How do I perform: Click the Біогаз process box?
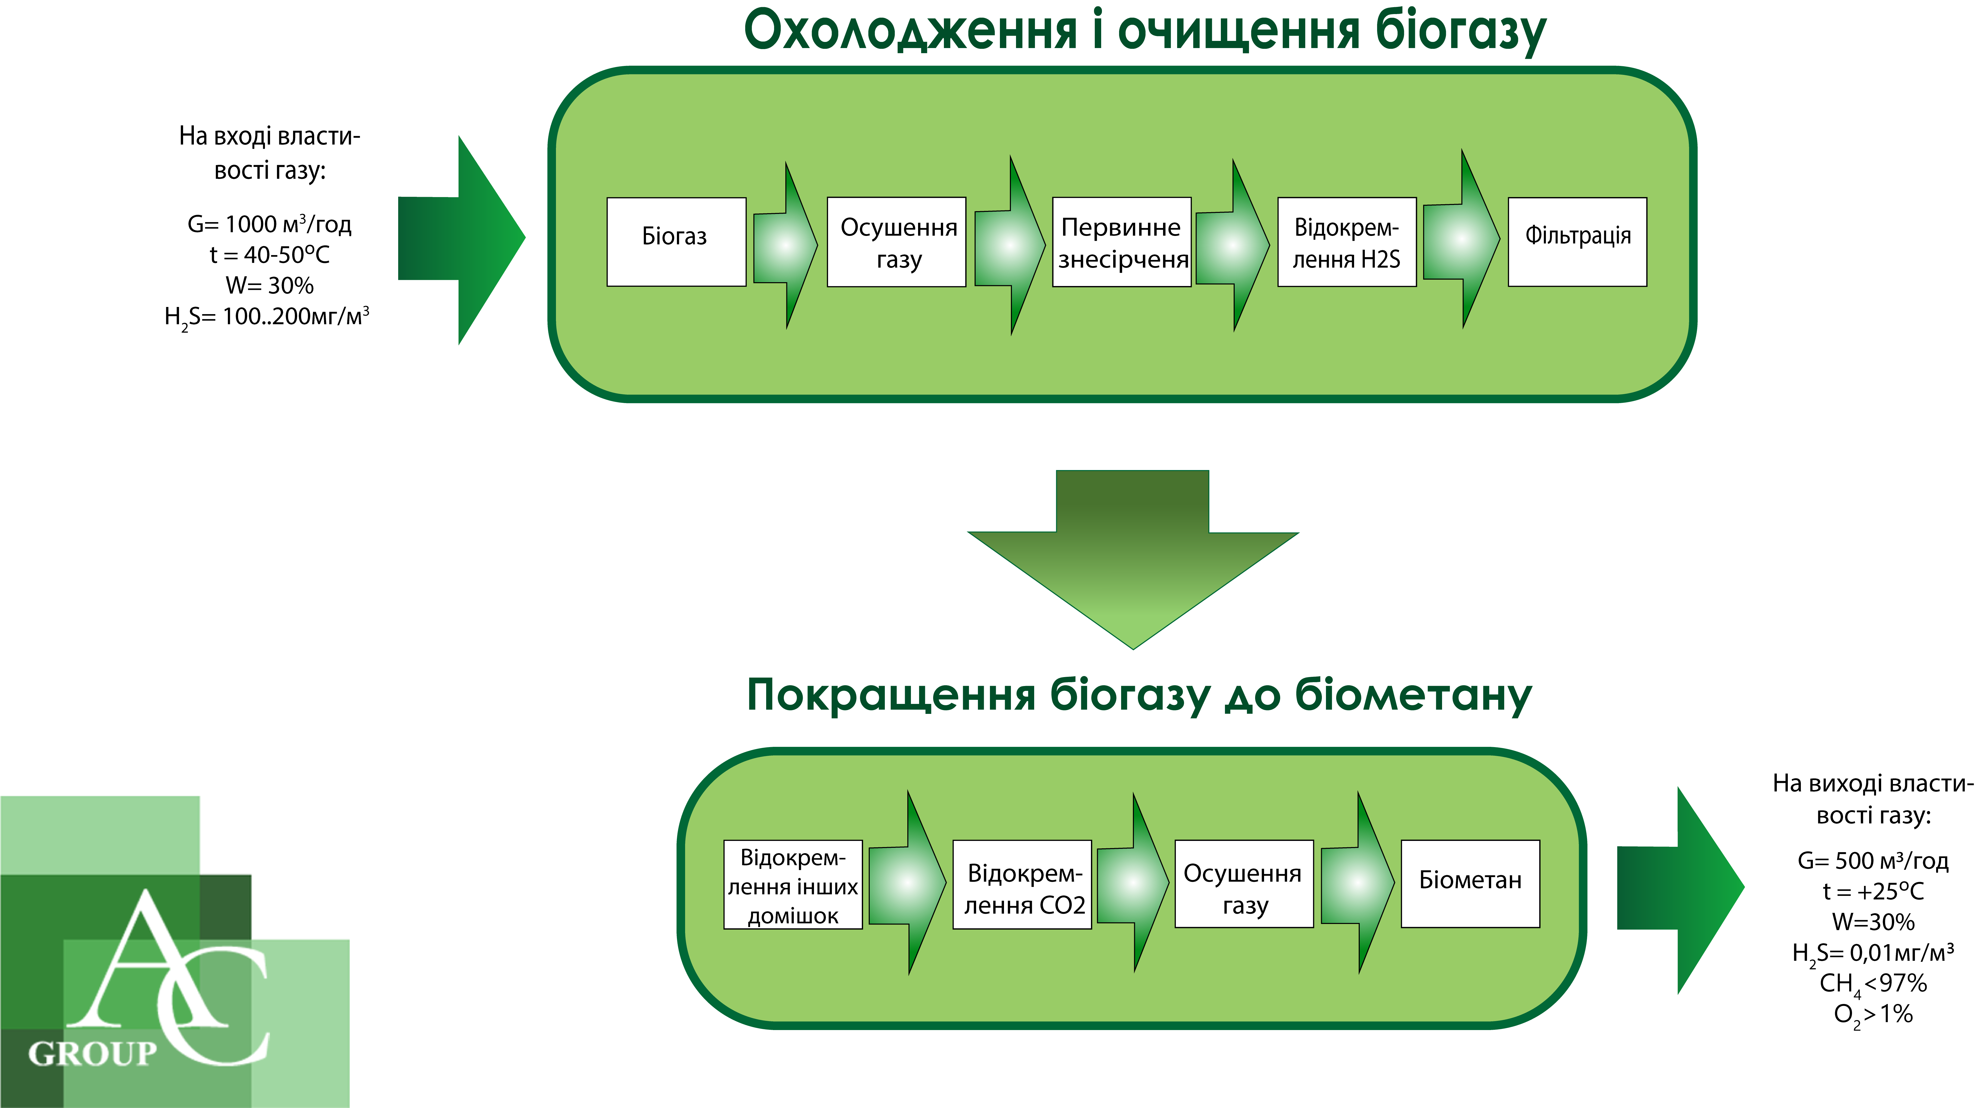click(676, 242)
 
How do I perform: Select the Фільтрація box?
click(1577, 242)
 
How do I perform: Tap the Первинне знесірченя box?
click(1122, 242)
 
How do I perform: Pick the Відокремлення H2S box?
click(1346, 242)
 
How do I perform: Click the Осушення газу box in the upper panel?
click(896, 242)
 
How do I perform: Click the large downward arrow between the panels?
click(1133, 559)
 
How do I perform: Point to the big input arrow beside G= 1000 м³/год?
click(462, 240)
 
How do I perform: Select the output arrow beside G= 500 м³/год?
click(1681, 890)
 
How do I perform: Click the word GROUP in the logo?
click(93, 1054)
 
